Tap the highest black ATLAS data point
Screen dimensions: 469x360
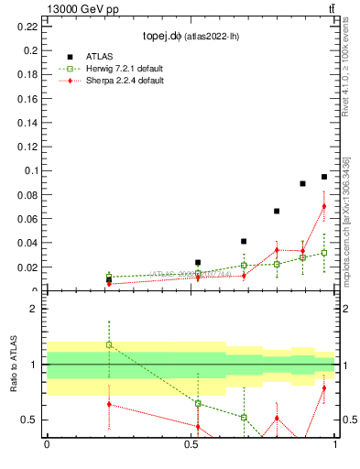click(324, 177)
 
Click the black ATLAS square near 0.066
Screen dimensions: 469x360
click(277, 212)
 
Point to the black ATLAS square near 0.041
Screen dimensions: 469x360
click(244, 242)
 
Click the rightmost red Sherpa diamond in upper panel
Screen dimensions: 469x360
click(324, 206)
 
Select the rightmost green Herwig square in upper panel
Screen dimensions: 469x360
click(324, 253)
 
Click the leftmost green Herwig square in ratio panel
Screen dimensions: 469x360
click(109, 344)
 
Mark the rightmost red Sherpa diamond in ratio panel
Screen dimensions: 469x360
click(324, 388)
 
